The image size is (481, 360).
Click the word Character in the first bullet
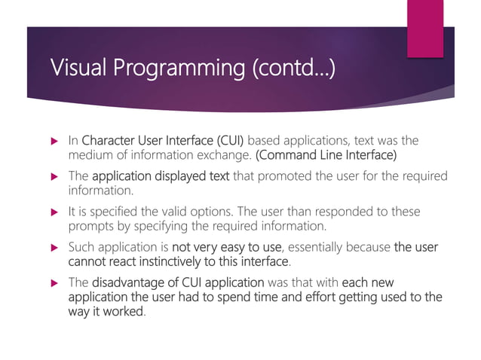[109, 140]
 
